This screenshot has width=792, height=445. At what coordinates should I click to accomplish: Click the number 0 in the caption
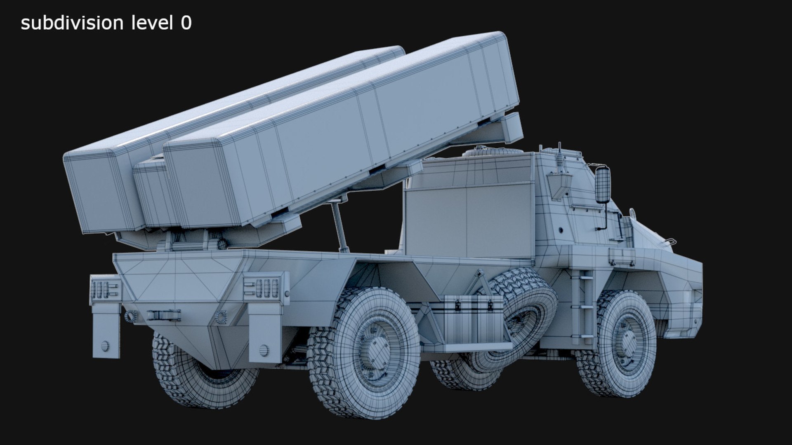(186, 23)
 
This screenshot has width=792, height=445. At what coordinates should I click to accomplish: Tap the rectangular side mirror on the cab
(602, 185)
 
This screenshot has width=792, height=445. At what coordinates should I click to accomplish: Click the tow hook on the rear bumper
(164, 316)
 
